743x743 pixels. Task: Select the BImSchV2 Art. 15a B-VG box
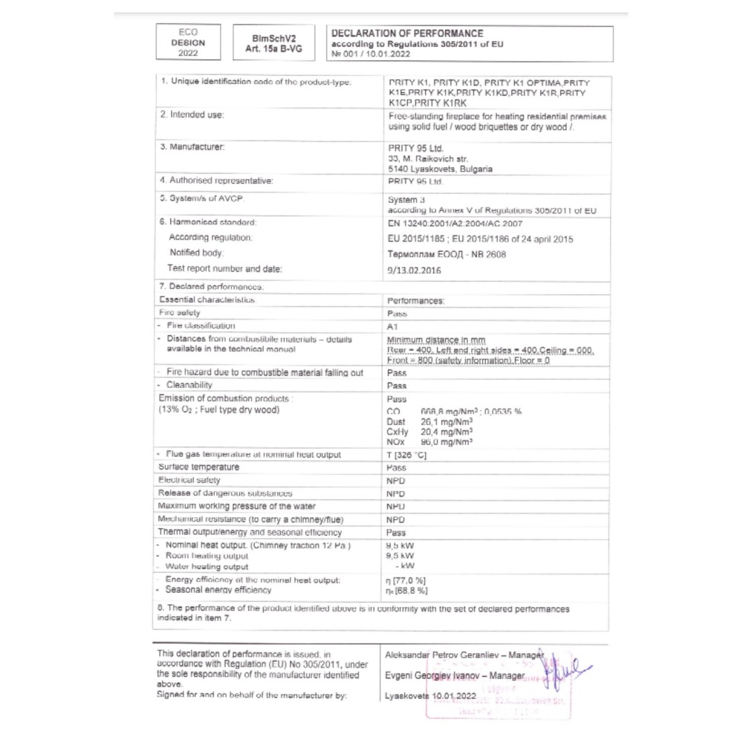pos(271,43)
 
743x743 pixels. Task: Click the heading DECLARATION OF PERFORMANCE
pos(406,33)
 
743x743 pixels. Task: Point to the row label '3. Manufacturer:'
pos(192,147)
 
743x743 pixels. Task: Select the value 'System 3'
pos(406,200)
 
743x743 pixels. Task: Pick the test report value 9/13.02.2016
pos(415,270)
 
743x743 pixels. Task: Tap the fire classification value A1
pos(394,326)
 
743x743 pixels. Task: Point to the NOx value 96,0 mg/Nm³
pos(447,441)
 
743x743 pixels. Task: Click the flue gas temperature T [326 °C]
pos(407,455)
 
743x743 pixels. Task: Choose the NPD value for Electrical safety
pos(396,481)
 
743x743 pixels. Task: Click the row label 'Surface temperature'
pos(199,467)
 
